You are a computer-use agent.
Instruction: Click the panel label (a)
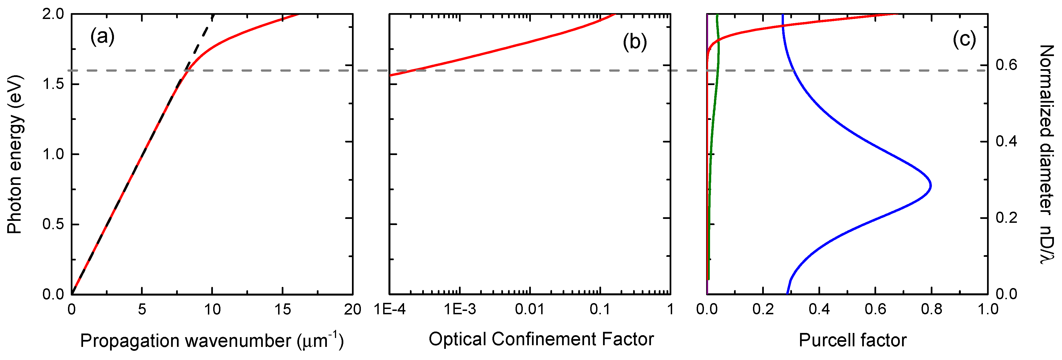(x=102, y=37)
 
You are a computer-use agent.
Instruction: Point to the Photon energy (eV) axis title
(x=14, y=155)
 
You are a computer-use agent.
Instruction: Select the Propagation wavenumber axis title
(x=212, y=340)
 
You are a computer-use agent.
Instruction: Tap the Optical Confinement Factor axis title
(x=541, y=339)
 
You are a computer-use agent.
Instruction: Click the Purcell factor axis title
(x=852, y=340)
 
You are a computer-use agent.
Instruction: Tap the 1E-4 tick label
(x=390, y=309)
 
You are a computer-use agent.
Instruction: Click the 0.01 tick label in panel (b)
(x=529, y=309)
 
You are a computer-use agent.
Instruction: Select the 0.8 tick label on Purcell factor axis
(x=931, y=309)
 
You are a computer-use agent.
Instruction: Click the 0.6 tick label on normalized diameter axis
(x=1006, y=65)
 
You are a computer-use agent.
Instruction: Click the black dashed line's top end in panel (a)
(x=213, y=16)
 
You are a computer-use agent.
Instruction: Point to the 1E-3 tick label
(x=460, y=309)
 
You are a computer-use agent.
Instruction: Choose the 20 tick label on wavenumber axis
(x=353, y=309)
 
